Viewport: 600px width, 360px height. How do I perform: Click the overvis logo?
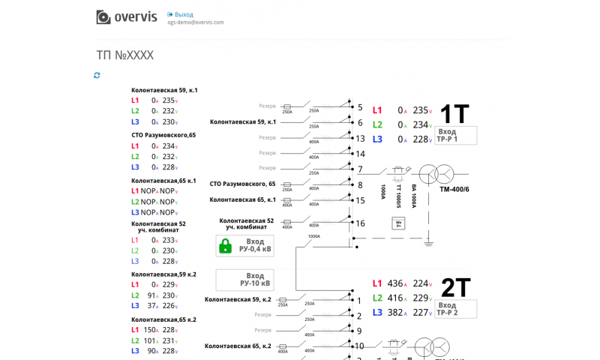point(126,16)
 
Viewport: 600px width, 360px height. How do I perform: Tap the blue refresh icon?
point(97,75)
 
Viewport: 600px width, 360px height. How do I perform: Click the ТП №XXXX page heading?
point(124,55)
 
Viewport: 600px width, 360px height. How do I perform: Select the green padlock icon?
point(224,246)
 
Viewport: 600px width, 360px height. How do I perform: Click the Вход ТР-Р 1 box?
point(455,135)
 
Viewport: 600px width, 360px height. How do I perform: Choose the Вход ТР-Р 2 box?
point(455,309)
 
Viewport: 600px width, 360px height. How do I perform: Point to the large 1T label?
point(454,114)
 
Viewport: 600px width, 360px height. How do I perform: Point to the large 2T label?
point(455,288)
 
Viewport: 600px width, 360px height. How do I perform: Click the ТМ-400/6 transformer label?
point(454,189)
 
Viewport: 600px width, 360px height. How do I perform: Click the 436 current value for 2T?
point(395,283)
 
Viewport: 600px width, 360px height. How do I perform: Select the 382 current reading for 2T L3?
point(395,313)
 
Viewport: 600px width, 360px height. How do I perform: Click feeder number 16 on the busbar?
point(360,223)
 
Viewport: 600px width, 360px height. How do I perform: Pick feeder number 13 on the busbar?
point(360,138)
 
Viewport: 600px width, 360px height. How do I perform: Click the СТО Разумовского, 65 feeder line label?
point(242,184)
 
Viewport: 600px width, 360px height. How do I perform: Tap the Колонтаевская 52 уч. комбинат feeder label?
point(246,224)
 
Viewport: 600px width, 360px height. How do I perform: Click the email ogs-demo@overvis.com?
point(195,22)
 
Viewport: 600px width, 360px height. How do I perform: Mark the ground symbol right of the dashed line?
point(428,241)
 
